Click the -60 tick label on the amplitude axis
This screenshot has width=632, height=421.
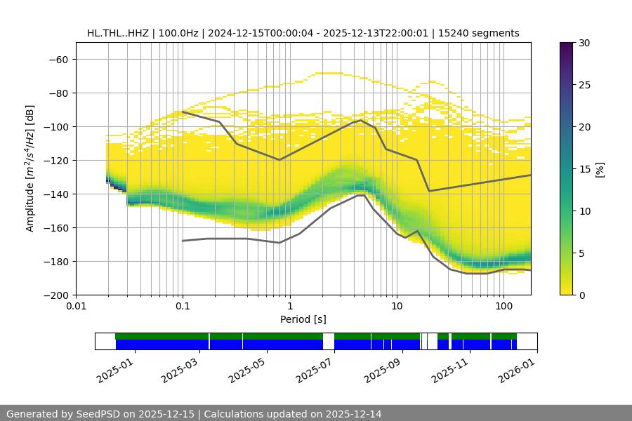58,59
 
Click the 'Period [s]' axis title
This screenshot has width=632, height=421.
303,320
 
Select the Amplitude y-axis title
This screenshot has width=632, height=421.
30,168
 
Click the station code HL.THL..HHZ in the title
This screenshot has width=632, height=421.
118,33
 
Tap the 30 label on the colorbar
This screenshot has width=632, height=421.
584,43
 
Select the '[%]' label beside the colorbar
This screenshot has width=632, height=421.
600,168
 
